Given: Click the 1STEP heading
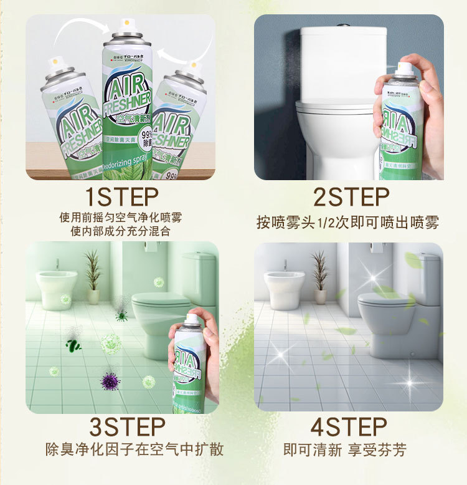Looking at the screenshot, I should pyautogui.click(x=121, y=197).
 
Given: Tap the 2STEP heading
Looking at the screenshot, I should pyautogui.click(x=351, y=197).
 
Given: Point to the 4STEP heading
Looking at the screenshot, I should pyautogui.click(x=349, y=427).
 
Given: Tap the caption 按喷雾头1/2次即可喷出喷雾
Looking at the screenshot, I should pyautogui.click(x=348, y=222).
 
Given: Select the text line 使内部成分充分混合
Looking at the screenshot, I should pyautogui.click(x=121, y=231).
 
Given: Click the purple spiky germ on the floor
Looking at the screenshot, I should pyautogui.click(x=111, y=380).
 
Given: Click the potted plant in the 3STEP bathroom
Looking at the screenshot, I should pyautogui.click(x=93, y=276).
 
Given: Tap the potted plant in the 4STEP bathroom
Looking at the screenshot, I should pyautogui.click(x=321, y=276).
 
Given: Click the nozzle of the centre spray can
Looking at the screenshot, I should pyautogui.click(x=127, y=25).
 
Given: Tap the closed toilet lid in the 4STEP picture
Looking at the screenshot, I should pyautogui.click(x=386, y=300).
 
